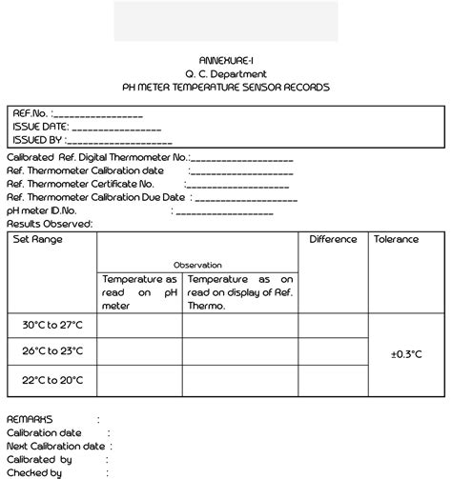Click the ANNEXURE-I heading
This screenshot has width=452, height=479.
226,59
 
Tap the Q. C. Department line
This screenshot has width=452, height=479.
226,73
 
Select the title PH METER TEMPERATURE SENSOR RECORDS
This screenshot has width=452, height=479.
226,87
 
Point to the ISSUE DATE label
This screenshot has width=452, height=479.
39,126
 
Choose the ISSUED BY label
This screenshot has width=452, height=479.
37,139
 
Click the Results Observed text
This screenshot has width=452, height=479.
50,224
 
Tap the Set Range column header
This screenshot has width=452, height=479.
37,239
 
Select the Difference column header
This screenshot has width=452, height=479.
333,239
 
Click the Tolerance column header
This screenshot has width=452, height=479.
396,239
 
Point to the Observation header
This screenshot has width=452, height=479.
197,265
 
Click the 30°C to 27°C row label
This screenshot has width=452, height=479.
52,325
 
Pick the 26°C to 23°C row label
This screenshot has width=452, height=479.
52,351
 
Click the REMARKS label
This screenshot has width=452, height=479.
30,418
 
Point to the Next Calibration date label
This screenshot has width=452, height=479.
55,445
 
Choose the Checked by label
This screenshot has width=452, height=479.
34,471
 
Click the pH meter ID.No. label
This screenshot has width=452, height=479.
41,210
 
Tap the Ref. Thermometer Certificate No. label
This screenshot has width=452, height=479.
80,183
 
